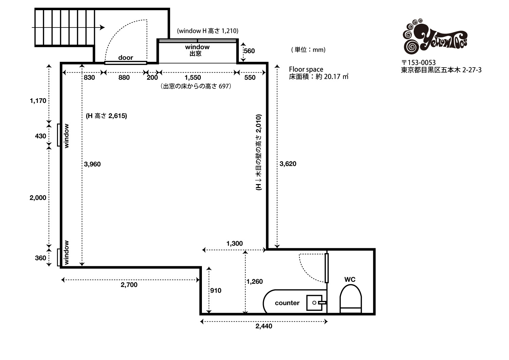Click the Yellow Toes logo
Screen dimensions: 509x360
pos(435,36)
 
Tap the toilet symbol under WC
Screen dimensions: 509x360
pos(351,299)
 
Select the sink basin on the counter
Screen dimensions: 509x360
pos(315,303)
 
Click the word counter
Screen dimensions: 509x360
pos(287,303)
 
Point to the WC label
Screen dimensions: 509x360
pos(350,280)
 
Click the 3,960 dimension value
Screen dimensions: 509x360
pos(92,164)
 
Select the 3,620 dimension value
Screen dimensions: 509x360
pos(288,164)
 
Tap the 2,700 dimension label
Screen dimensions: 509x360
pos(129,285)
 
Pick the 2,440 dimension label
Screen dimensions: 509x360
pos(264,326)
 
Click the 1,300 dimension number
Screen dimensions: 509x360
pos(234,244)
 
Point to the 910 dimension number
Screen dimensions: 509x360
pos(215,290)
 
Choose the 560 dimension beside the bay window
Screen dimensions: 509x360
pos(249,51)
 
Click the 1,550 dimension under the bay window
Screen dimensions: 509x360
pos(193,77)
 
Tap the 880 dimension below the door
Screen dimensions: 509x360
pos(124,77)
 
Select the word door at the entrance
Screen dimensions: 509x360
pos(126,57)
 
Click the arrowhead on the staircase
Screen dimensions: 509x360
pos(102,28)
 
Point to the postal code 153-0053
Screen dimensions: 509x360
pos(421,62)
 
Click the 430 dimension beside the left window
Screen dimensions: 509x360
pos(40,136)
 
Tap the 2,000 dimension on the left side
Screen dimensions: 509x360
pos(38,198)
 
